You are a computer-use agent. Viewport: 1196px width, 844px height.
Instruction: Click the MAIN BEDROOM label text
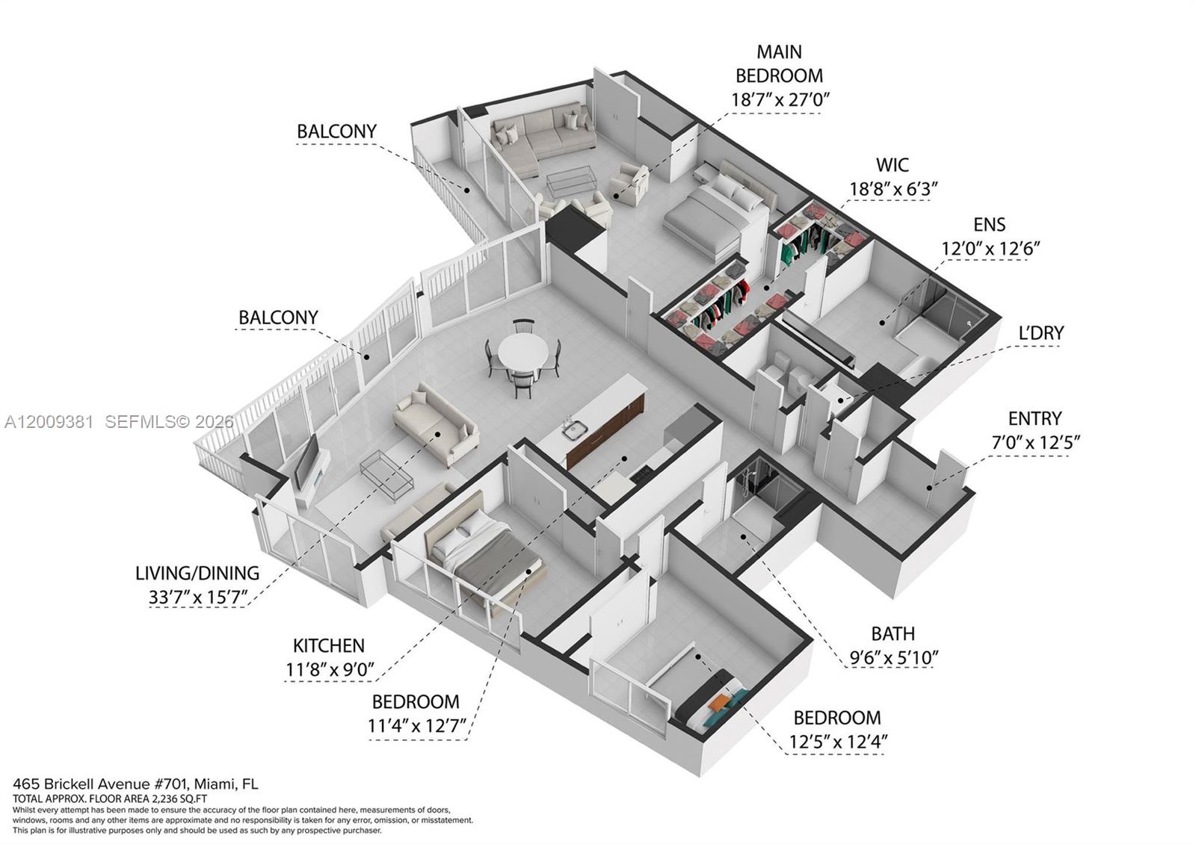coord(779,63)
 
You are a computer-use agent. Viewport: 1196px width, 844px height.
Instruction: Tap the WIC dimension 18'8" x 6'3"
coord(893,189)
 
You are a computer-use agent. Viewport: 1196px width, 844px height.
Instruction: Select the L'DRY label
coord(1041,332)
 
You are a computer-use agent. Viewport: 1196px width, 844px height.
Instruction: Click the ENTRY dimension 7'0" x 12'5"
coord(1035,443)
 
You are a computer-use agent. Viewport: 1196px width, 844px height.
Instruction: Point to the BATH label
coord(893,633)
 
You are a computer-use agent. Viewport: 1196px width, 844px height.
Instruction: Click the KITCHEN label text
coord(328,645)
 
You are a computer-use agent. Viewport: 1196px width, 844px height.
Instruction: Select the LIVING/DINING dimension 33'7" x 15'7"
coord(197,598)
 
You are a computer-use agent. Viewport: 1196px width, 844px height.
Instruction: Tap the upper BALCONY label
coord(336,131)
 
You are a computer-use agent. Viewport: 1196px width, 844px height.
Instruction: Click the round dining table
coord(523,350)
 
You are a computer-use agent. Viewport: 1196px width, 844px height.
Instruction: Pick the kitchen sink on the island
coord(575,429)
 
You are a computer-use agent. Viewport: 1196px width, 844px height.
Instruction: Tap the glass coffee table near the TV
coord(386,471)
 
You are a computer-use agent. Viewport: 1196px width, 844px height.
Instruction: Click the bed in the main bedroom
coord(718,213)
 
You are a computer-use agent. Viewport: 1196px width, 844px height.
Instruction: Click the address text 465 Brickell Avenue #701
coord(102,784)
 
